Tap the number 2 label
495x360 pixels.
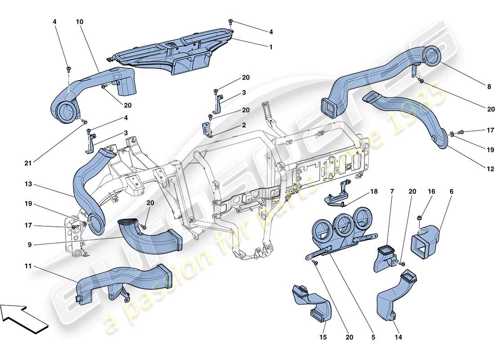point(244,126)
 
